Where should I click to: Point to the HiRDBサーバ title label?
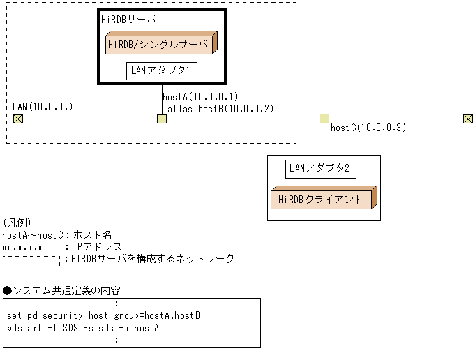pyautogui.click(x=128, y=20)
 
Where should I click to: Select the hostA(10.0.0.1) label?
pyautogui.click(x=200, y=97)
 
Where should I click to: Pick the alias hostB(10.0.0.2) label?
pyautogui.click(x=220, y=108)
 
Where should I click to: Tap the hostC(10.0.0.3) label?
pyautogui.click(x=368, y=128)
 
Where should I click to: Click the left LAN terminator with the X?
pyautogui.click(x=18, y=119)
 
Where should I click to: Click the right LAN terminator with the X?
pyautogui.click(x=467, y=119)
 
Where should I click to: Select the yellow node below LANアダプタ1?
pyautogui.click(x=162, y=119)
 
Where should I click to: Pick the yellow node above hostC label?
pyautogui.click(x=324, y=119)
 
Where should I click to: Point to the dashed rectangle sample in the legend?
pyautogui.click(x=31, y=260)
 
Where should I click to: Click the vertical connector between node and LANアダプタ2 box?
pyautogui.click(x=324, y=140)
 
